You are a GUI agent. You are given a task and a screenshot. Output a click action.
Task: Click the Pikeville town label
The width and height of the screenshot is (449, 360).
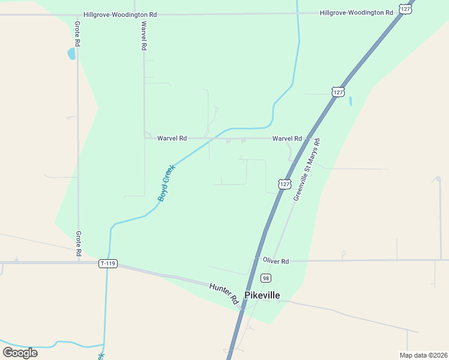(x=262, y=295)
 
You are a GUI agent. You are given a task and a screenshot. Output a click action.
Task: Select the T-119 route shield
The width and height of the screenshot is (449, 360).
(x=107, y=263)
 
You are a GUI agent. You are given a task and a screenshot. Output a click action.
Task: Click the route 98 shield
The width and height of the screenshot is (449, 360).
(x=265, y=278)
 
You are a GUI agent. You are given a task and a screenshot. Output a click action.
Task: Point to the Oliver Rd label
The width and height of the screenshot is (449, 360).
(x=276, y=261)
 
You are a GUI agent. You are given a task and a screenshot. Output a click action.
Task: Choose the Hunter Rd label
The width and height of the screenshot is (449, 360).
(x=223, y=292)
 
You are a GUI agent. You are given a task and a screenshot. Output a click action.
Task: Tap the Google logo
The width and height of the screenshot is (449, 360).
(x=20, y=352)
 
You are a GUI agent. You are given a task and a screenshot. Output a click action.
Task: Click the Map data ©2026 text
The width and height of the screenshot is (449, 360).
(x=423, y=355)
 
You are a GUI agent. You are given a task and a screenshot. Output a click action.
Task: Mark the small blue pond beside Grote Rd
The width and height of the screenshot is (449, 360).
(x=71, y=54)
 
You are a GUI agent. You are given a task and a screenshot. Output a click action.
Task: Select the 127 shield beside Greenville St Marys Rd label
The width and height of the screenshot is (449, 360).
(x=285, y=184)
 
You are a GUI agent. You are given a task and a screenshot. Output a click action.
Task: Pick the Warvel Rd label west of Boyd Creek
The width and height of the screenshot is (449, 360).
(x=172, y=138)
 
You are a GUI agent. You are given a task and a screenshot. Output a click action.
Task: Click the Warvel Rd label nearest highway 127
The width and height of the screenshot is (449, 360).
(x=286, y=138)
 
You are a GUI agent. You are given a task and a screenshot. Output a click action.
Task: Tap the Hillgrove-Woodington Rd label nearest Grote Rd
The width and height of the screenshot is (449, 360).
(x=120, y=14)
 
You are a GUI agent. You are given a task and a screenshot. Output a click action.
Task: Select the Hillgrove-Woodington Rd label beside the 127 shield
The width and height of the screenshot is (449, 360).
(x=357, y=13)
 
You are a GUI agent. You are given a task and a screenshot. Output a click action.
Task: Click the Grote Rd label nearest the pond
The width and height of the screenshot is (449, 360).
(x=77, y=34)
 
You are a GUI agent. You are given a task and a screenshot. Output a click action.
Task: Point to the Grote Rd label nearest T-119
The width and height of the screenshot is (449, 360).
(x=78, y=244)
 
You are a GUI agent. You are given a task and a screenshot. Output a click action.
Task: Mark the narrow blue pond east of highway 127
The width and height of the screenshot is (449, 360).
(x=350, y=101)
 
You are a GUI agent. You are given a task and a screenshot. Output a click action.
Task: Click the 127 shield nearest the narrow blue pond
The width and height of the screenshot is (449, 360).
(x=338, y=92)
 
